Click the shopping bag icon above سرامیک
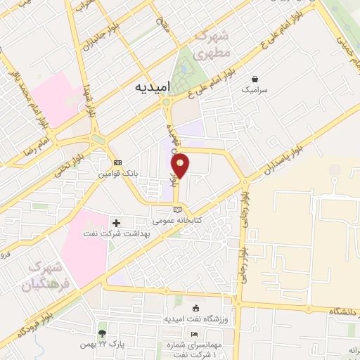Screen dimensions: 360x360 tap(254, 79)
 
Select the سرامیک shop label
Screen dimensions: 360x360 tap(254, 90)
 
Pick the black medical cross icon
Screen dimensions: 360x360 tap(117, 223)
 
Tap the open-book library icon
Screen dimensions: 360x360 tap(177, 209)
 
